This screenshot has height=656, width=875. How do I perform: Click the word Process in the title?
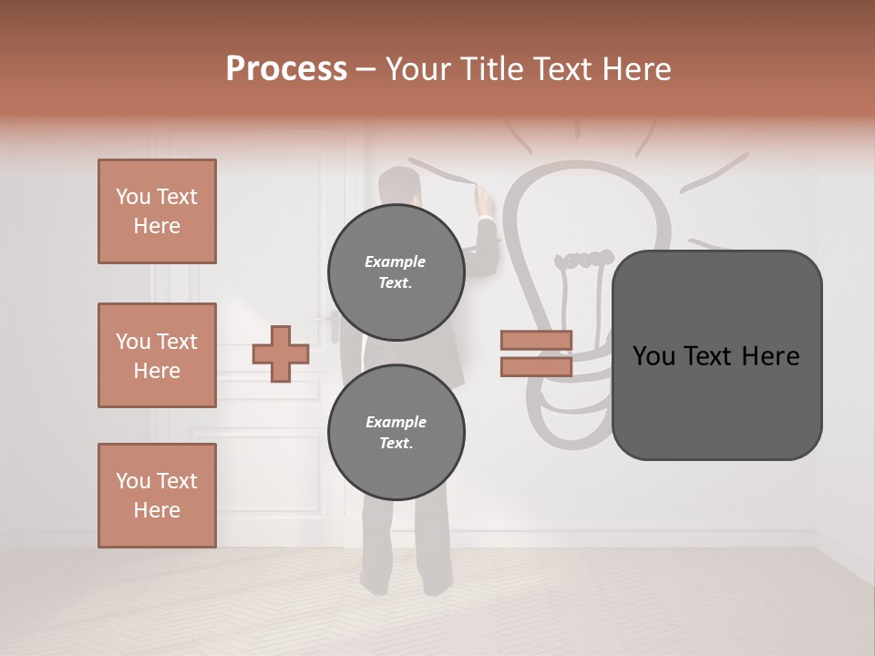[286, 69]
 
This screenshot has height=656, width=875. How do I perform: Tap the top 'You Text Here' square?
[157, 211]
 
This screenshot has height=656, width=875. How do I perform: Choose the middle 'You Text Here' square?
[157, 355]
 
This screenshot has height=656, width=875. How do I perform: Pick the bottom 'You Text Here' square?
[157, 496]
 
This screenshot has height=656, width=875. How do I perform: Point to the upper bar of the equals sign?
[537, 341]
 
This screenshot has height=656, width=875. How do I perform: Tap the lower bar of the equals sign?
[537, 366]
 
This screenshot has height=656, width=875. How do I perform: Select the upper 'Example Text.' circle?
[396, 272]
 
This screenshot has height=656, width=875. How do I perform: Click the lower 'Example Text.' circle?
[396, 433]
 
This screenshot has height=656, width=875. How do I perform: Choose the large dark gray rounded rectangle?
[716, 355]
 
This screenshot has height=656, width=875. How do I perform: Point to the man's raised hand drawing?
[483, 199]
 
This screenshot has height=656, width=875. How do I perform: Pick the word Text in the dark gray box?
[716, 356]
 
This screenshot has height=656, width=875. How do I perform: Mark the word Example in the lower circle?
[396, 422]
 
